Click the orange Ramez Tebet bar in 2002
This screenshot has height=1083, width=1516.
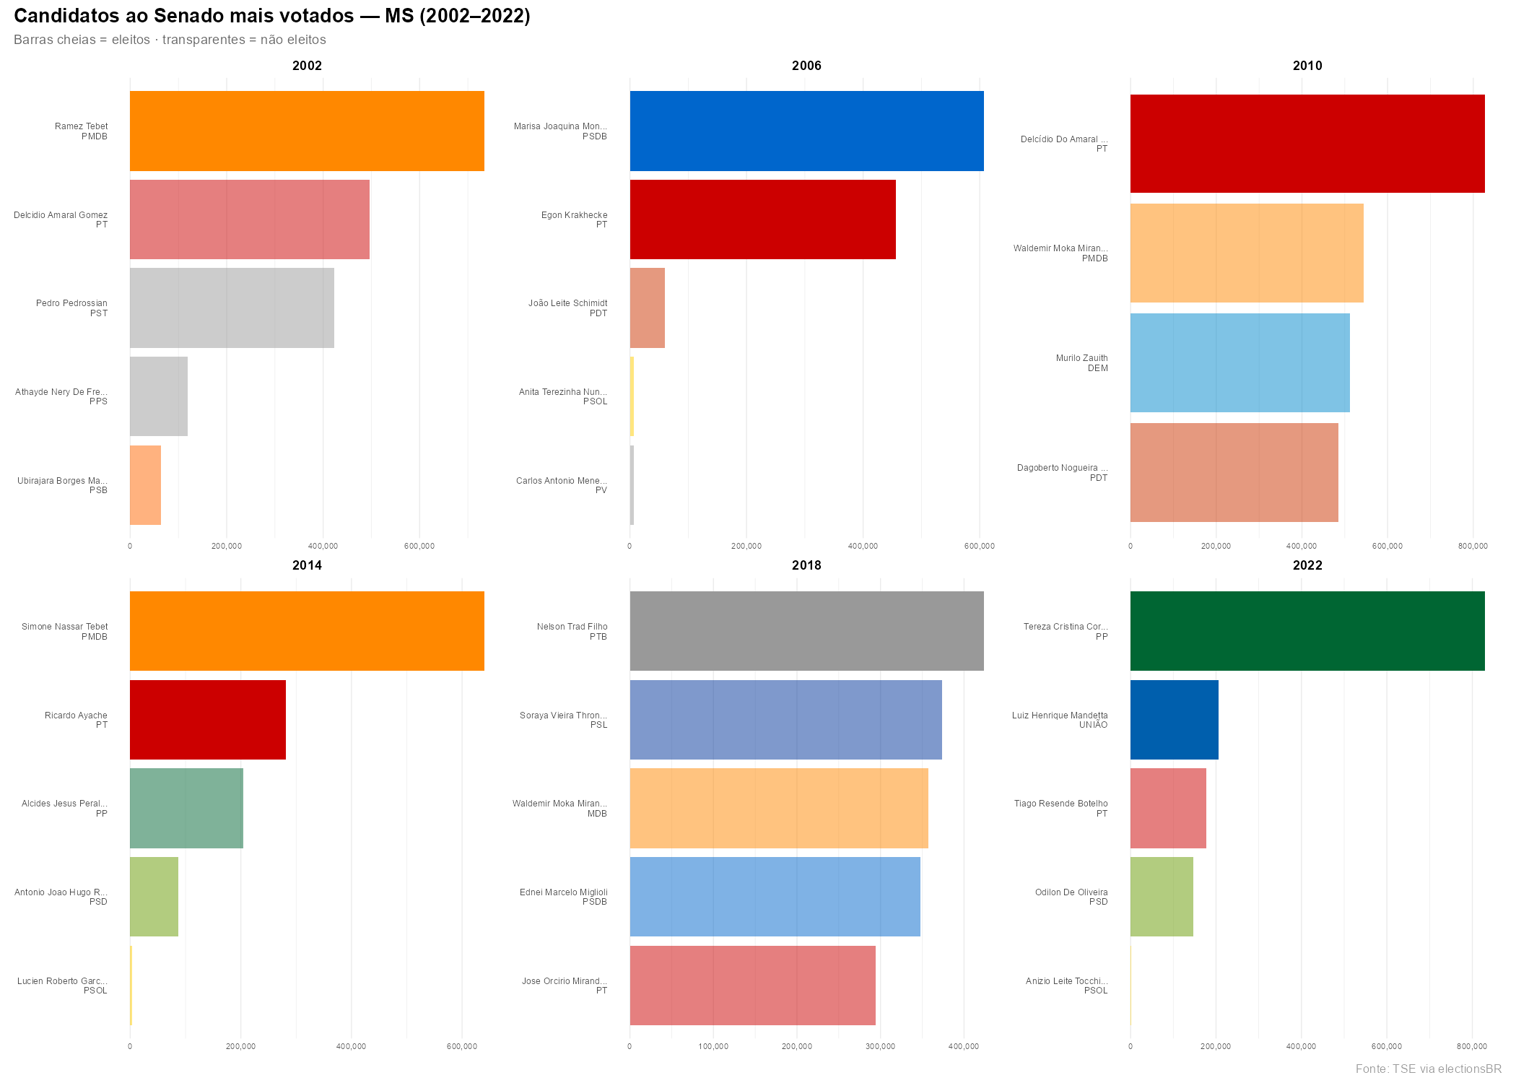307,131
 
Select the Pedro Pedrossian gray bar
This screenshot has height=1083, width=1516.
232,308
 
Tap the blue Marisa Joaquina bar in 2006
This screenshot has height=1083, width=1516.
806,131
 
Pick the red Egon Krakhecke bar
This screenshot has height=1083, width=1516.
762,219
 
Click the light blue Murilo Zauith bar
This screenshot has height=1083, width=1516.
1240,362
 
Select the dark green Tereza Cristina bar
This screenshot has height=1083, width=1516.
1307,631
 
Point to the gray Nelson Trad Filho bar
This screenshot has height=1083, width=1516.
806,631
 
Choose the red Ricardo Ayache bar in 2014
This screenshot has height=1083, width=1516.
208,720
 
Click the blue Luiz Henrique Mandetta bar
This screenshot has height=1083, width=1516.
1174,720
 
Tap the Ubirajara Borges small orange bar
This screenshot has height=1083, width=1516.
145,485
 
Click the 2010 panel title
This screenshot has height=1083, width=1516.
1307,66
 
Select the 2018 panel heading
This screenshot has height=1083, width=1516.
806,565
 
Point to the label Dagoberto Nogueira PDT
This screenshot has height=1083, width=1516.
1062,473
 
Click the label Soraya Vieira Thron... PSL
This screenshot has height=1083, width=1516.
563,720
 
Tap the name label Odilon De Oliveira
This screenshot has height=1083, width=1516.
1071,892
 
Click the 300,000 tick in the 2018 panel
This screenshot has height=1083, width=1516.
880,1047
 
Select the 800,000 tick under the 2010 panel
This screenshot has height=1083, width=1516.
1472,547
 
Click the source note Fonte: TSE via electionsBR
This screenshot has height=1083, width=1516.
1427,1069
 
